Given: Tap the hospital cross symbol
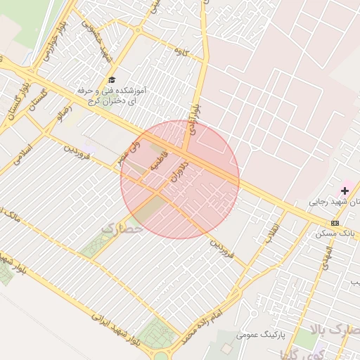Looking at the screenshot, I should click(345, 191).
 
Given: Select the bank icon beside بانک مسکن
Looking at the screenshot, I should click(334, 223).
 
